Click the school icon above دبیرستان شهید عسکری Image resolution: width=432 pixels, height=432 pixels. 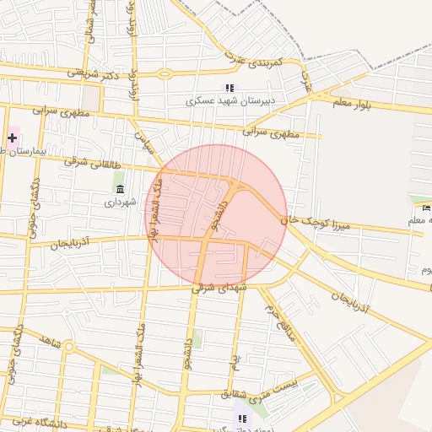tap(229, 88)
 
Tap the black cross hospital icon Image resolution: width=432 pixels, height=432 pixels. tap(13, 137)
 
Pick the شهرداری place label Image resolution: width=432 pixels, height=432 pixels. tap(120, 202)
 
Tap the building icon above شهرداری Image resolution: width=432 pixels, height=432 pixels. tap(120, 188)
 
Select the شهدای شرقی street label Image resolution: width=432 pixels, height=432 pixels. tap(220, 287)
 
